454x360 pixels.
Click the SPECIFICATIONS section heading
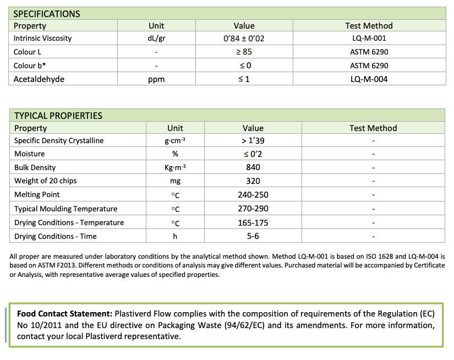(47, 14)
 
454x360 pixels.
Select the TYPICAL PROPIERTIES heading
(58, 116)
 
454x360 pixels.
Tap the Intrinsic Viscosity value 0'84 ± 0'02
(244, 39)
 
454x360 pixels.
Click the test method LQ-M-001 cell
(369, 39)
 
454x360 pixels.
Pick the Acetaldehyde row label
(39, 79)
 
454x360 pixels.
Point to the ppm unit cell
(156, 79)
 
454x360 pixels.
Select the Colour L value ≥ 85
(244, 52)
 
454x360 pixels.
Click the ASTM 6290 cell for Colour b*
(369, 66)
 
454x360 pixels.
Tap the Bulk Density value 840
(253, 167)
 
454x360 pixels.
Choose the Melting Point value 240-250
(253, 195)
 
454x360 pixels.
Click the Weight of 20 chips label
(46, 181)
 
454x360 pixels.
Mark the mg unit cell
(175, 181)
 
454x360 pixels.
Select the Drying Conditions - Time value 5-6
(253, 236)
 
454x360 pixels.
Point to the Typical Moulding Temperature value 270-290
(253, 209)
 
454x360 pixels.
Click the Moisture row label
(30, 154)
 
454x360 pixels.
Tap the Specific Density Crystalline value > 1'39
(253, 141)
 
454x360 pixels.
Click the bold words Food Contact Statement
(64, 314)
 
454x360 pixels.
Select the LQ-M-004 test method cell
(369, 79)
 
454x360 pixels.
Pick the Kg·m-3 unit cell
(175, 167)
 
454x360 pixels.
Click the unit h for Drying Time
(175, 236)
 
